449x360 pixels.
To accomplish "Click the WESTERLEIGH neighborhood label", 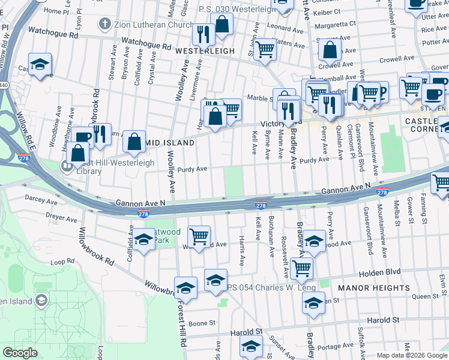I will pos(204,52).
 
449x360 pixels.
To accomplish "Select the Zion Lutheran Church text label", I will pos(153,25).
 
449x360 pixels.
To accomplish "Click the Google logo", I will pos(20,353).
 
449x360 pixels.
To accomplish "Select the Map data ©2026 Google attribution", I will pos(412,355).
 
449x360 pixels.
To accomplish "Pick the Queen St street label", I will pos(425,296).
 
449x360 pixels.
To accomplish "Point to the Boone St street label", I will pos(202,323).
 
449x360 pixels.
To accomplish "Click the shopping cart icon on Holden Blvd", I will pos(301,268).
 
